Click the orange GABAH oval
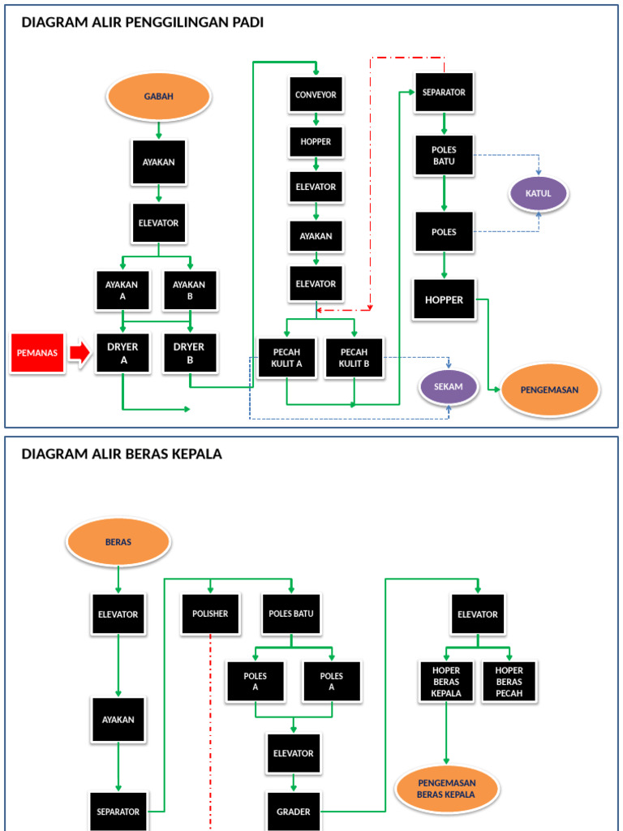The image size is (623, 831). click(x=158, y=97)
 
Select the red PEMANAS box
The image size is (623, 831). click(x=37, y=353)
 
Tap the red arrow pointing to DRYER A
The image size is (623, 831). click(x=79, y=352)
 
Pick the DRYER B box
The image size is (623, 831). click(x=189, y=353)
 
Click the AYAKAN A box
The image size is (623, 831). click(x=122, y=291)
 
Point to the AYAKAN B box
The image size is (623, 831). click(x=189, y=291)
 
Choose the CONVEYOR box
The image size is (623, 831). click(x=316, y=95)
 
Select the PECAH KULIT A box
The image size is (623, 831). click(x=286, y=358)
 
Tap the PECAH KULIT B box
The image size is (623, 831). click(x=354, y=358)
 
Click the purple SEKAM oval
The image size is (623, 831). click(x=448, y=387)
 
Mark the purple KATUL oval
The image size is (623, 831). click(x=539, y=194)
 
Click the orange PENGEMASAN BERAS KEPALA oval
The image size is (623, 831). click(x=446, y=789)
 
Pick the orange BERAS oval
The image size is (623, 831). click(x=118, y=542)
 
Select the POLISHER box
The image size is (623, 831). click(x=210, y=614)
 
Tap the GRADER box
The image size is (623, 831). click(x=294, y=812)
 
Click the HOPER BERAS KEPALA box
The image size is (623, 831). click(x=446, y=682)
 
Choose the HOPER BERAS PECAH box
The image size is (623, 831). click(x=509, y=682)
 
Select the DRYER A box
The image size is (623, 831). click(x=122, y=353)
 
